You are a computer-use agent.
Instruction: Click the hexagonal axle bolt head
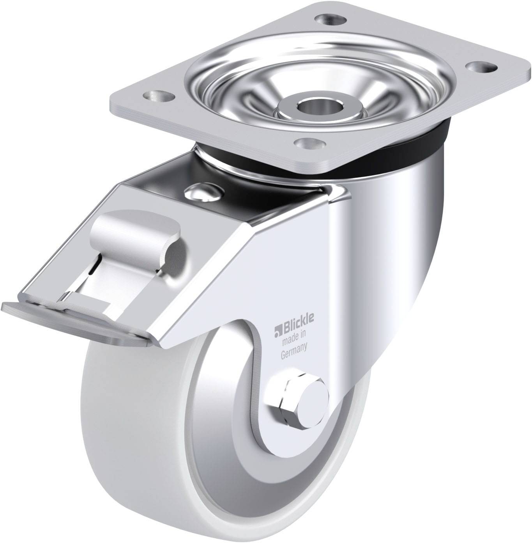click(290, 402)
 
